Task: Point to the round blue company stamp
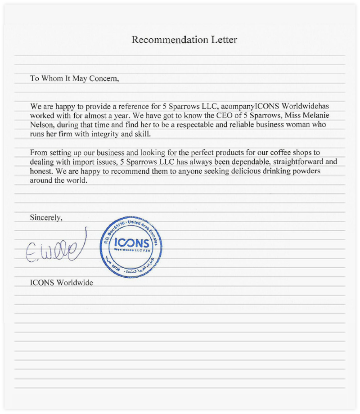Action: point(130,246)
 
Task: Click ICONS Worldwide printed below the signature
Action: point(62,283)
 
